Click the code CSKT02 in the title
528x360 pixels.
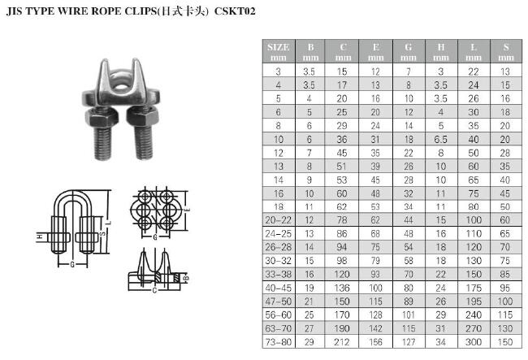pos(235,11)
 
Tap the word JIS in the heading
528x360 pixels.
pos(14,11)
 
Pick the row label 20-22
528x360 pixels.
pos(278,220)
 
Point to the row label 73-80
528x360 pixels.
pos(278,342)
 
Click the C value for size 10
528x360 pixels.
pos(342,139)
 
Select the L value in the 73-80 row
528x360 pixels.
pos(474,342)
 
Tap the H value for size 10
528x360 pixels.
pos(441,139)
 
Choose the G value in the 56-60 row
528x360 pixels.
pos(408,314)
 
